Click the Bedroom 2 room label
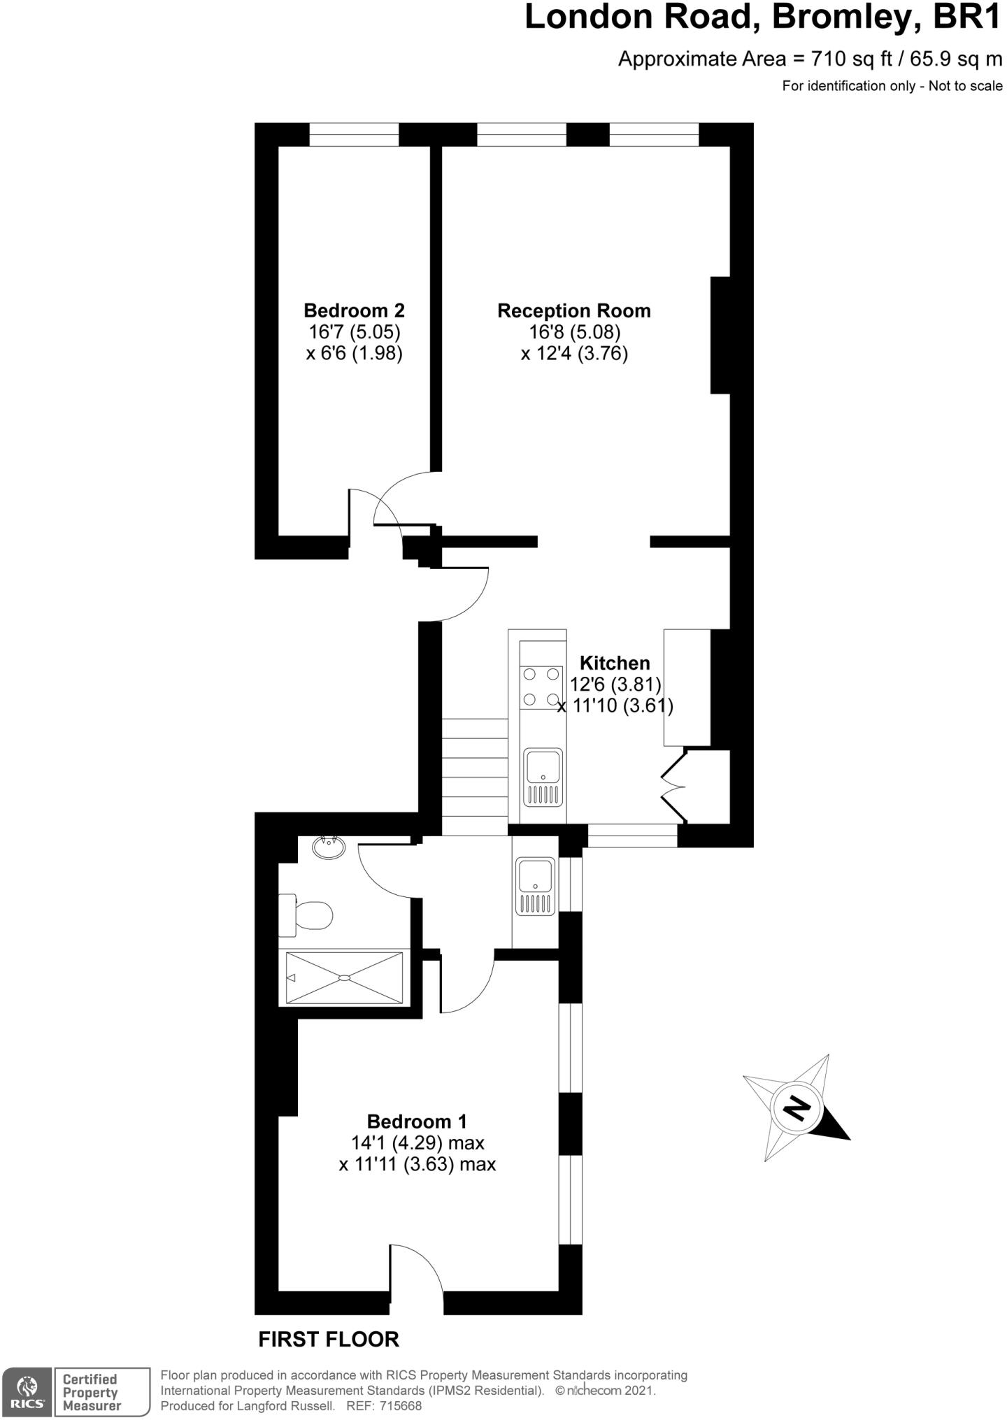354,310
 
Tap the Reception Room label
573,311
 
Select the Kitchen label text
615,663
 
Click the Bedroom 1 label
416,1121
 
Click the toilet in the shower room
308,915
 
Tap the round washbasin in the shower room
329,848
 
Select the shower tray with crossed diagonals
344,977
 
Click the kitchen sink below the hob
543,776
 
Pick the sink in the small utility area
535,886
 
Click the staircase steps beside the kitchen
475,777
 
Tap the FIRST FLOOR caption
329,1340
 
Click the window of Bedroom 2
354,134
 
